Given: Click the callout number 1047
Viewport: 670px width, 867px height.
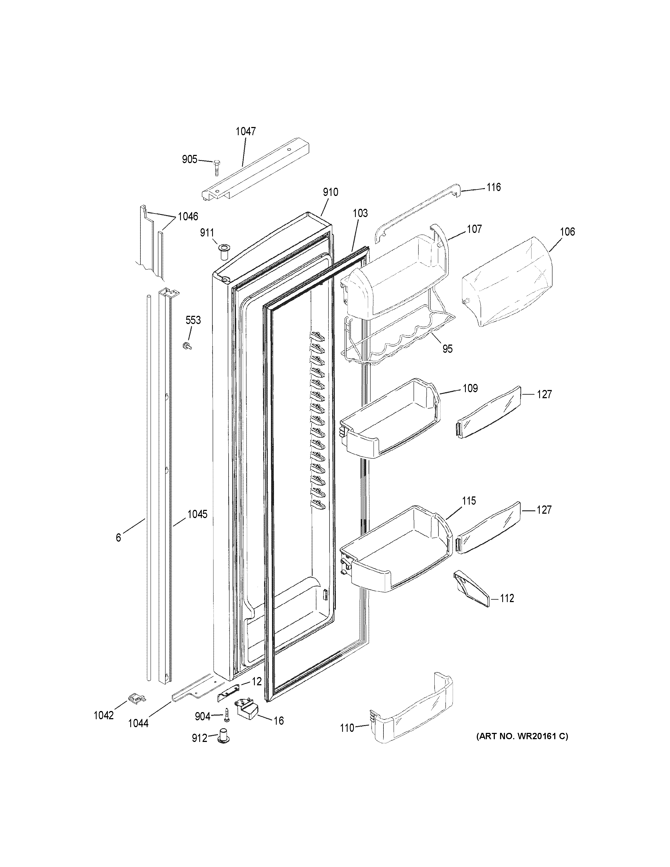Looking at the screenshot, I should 246,131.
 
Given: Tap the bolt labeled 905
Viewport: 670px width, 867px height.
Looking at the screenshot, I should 217,167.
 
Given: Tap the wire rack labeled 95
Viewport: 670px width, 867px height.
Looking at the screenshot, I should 397,337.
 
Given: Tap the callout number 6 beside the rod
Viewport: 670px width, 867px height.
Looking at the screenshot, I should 118,537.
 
